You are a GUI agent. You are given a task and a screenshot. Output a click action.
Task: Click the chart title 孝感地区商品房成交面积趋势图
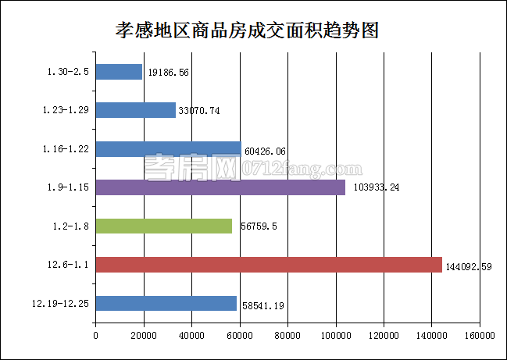[x=248, y=30]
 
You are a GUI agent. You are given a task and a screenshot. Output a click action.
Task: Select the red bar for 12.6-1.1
[x=269, y=265]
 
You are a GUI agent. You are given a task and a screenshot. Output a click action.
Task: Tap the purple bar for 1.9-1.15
[x=220, y=187]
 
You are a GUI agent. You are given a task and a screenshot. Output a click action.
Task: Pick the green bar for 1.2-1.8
[x=164, y=226]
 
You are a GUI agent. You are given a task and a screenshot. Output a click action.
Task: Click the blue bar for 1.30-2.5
[x=119, y=72]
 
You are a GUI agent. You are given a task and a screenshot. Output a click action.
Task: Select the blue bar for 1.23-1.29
[x=136, y=110]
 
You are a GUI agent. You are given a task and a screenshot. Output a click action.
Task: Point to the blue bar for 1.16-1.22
[x=169, y=148]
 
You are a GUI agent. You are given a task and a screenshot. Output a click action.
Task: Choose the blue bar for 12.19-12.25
[x=166, y=303]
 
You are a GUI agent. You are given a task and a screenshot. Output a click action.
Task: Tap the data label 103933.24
[x=373, y=188]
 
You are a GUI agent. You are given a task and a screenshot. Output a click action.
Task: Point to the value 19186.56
[x=169, y=73]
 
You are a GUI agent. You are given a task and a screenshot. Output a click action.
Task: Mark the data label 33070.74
[x=200, y=111]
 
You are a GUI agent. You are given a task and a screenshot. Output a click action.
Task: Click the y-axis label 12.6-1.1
[x=66, y=266]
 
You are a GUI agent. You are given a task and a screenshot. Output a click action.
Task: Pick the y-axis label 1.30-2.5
[x=68, y=73]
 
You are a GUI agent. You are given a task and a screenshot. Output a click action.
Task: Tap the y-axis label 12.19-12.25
[x=60, y=304]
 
